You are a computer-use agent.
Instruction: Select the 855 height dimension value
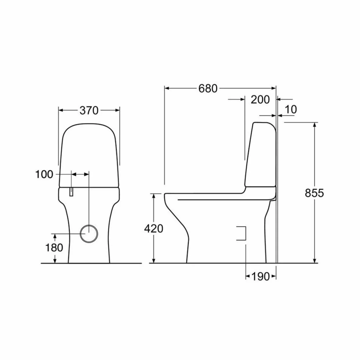(x=314, y=193)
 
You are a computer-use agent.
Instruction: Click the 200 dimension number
(x=260, y=100)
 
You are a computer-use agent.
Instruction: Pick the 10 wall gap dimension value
(x=291, y=110)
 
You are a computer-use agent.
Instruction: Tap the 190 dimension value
(x=260, y=276)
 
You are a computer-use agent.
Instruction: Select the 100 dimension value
(x=44, y=174)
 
